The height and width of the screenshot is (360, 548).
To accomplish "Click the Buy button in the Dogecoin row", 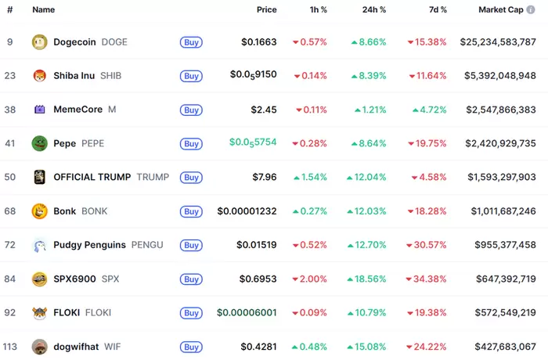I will tap(191, 42).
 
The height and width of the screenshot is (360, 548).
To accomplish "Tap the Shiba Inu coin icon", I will tap(39, 76).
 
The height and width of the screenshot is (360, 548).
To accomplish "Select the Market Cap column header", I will tap(507, 10).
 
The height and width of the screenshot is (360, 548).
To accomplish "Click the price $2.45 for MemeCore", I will tap(264, 110).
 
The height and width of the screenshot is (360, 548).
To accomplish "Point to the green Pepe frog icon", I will tap(39, 143).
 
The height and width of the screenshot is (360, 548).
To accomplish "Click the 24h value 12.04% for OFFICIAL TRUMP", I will tap(369, 177).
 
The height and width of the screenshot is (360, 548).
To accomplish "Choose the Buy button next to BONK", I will tap(191, 211).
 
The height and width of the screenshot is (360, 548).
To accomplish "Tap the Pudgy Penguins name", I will tap(89, 245).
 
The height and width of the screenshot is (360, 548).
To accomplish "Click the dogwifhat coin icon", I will tap(39, 346).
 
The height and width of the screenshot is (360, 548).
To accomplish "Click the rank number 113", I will tap(10, 346).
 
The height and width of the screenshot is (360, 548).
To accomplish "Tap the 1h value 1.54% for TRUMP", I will tap(310, 177).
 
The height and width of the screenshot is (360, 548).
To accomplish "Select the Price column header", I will tap(266, 10).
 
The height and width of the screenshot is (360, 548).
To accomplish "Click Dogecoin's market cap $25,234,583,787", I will tap(498, 42).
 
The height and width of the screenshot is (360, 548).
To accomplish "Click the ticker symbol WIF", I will tap(112, 346).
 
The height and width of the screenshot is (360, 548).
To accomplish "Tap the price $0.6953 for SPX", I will tap(257, 279).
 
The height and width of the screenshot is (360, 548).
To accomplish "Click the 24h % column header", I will tap(370, 10).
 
